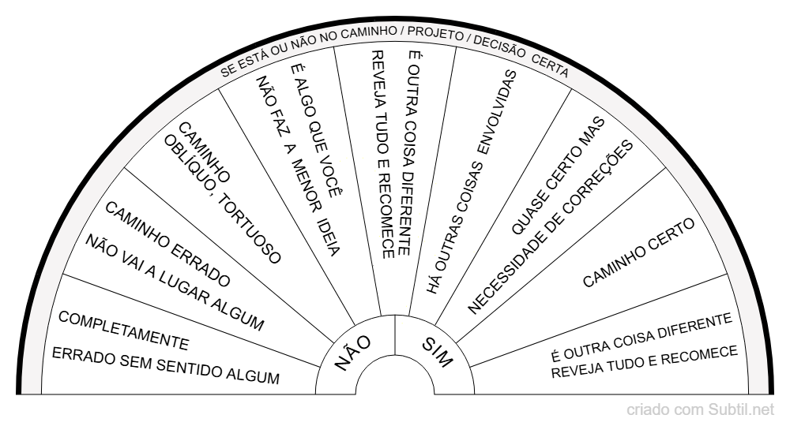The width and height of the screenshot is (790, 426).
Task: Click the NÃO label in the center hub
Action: click(352, 353)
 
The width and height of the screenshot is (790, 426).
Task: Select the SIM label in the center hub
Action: click(438, 352)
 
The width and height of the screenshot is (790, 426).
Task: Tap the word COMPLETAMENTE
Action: click(123, 331)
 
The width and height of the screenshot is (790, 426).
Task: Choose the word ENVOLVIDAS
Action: click(497, 112)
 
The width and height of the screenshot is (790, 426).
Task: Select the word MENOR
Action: click(306, 185)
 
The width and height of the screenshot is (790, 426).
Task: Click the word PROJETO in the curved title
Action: click(435, 34)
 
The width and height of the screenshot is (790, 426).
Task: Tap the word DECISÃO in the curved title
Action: click(499, 47)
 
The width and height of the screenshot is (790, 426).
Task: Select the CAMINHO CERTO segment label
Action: click(639, 252)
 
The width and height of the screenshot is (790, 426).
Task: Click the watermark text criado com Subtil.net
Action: click(700, 410)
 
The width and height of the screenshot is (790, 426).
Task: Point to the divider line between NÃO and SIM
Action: click(395, 335)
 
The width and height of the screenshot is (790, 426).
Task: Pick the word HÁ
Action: click(434, 282)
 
